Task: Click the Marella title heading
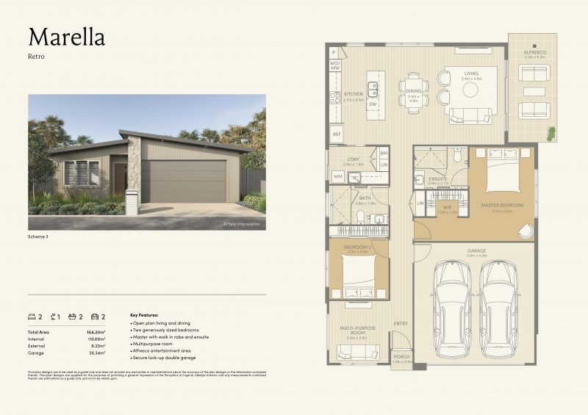[x=66, y=37]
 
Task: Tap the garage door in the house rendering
[x=184, y=181]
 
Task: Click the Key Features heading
[x=144, y=314]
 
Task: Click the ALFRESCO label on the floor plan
[x=534, y=52]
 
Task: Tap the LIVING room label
[x=470, y=74]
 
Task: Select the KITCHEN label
[x=354, y=94]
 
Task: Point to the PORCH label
[x=401, y=356]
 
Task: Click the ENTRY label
[x=401, y=323]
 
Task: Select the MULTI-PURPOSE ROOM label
[x=358, y=331]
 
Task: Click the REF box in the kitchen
[x=337, y=134]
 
